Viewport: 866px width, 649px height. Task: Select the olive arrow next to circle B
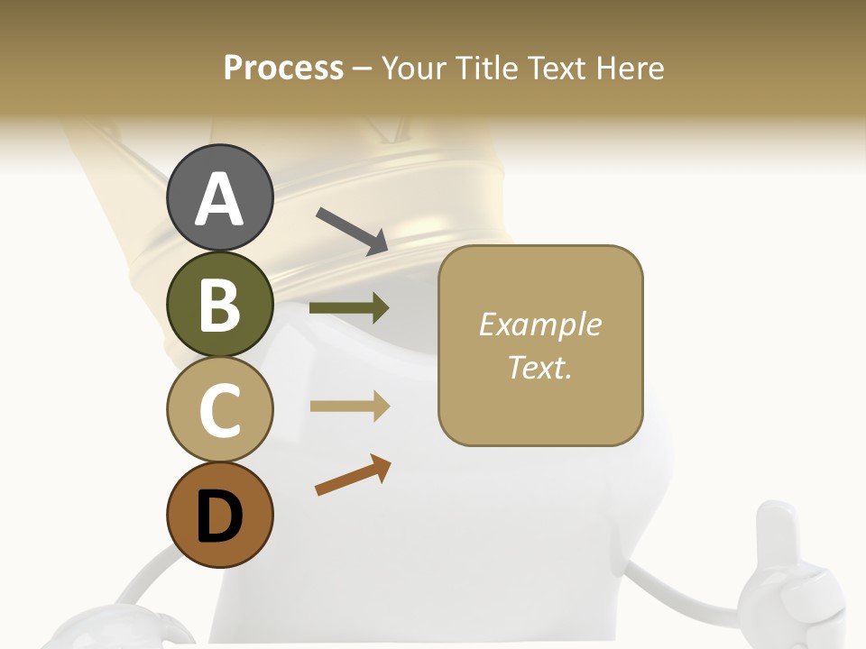[x=349, y=307]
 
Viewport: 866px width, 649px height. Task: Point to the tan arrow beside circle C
[x=350, y=407]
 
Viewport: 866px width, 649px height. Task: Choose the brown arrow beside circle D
[x=353, y=475]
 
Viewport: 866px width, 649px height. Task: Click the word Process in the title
[x=283, y=69]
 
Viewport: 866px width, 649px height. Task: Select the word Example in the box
[x=539, y=324]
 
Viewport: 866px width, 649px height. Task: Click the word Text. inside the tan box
[x=539, y=367]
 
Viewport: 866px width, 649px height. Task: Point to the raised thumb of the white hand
[x=773, y=532]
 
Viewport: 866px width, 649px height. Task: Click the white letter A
[x=219, y=198]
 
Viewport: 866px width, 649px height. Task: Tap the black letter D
[x=219, y=516]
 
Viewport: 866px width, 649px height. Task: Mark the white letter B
[x=219, y=305]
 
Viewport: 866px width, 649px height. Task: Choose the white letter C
[x=219, y=410]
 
